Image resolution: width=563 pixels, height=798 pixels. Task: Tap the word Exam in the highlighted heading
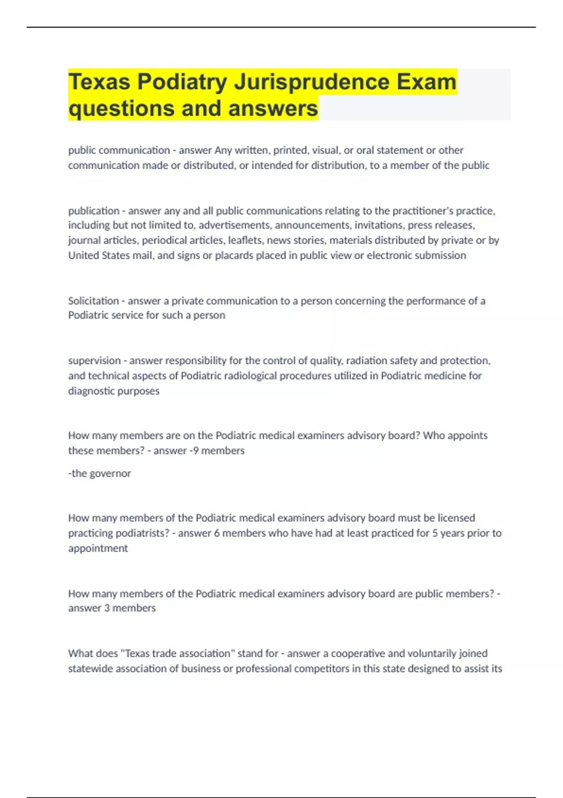426,82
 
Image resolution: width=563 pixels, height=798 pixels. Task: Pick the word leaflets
243,240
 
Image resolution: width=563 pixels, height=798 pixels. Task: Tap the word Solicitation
93,300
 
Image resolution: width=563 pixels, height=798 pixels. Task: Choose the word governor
110,473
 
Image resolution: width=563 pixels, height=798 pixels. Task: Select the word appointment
98,548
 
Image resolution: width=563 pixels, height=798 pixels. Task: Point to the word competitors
320,668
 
